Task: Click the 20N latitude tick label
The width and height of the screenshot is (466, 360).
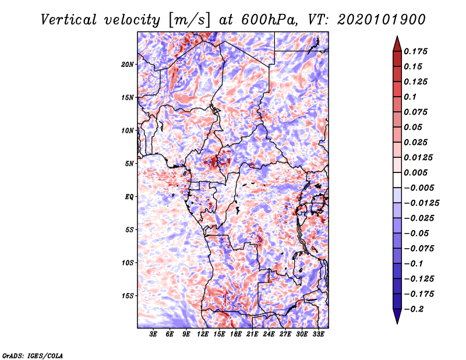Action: pos(128,64)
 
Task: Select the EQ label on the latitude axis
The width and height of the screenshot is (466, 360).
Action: pos(129,197)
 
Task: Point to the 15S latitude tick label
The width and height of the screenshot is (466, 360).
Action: pos(128,296)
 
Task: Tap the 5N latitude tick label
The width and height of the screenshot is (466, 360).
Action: pos(129,164)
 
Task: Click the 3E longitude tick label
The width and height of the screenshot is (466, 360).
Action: pos(154,334)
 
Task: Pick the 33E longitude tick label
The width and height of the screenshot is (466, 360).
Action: pos(319,334)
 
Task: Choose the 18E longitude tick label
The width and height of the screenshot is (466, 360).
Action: pos(236,334)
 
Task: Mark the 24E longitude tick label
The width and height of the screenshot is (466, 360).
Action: pos(269,334)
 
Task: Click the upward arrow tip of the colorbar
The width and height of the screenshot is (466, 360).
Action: pos(396,38)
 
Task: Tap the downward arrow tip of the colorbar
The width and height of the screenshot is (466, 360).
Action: pos(396,322)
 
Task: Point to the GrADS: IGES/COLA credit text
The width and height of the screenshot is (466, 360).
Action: pos(33,355)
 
